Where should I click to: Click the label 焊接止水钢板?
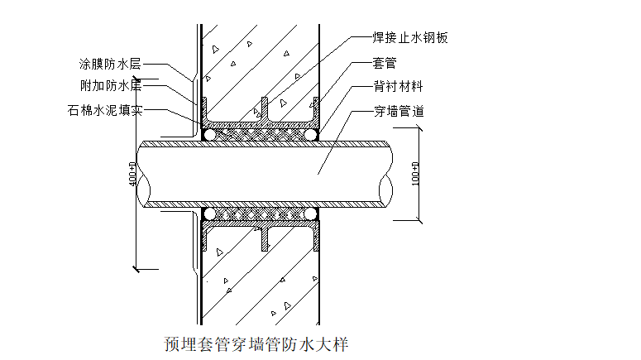409,37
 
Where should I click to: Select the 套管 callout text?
385,62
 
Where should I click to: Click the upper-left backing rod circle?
211,133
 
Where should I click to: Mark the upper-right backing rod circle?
310,133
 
